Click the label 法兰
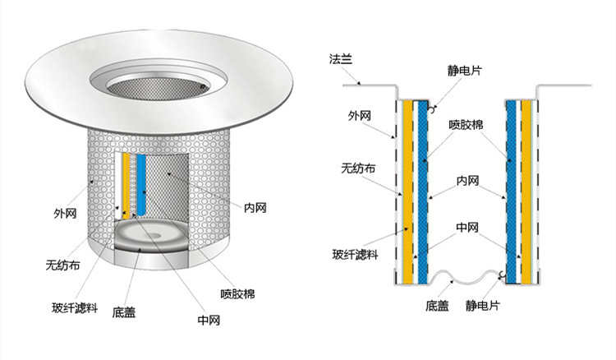click(340, 60)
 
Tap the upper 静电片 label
click(465, 72)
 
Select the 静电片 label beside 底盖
click(481, 306)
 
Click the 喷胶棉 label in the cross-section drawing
click(465, 125)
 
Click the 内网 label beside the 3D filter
click(255, 207)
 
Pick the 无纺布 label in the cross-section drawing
click(358, 168)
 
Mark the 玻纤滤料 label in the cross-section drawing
click(356, 254)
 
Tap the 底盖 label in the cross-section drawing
click(437, 306)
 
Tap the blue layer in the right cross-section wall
click(511, 189)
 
